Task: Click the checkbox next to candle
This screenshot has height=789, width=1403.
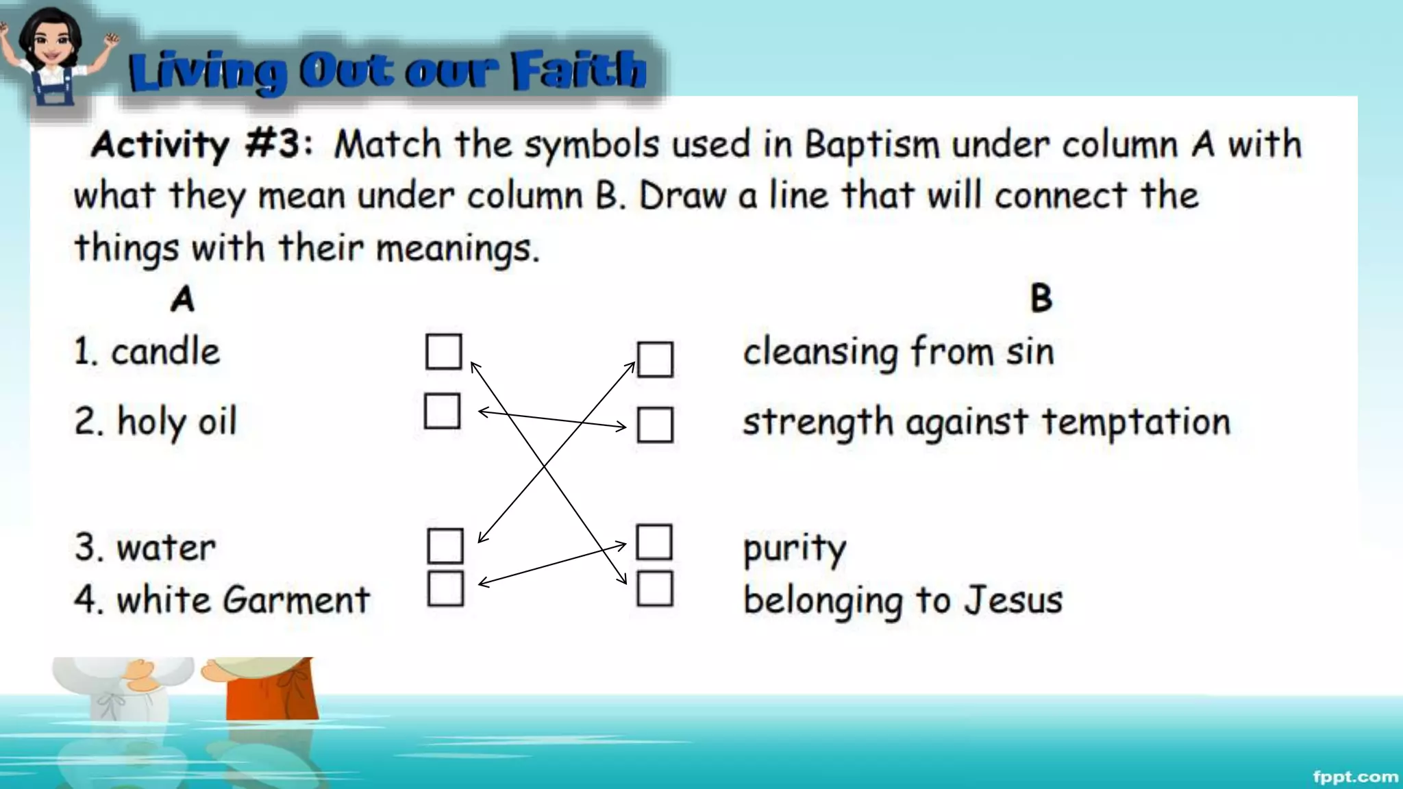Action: [443, 351]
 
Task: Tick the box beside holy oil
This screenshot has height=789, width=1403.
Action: [442, 411]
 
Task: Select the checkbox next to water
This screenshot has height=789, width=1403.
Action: [445, 546]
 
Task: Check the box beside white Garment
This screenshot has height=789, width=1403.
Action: [445, 589]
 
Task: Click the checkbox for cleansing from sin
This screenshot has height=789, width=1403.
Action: [655, 360]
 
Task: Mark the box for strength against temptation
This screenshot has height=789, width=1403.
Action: [655, 425]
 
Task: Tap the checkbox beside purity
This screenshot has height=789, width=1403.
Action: [654, 542]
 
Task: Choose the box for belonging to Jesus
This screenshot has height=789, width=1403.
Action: [654, 589]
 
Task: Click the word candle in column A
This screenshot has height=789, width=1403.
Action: [165, 352]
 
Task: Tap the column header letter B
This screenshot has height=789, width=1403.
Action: [1041, 299]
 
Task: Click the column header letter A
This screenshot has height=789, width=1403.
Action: [182, 299]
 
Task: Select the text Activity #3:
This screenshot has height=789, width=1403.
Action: [202, 145]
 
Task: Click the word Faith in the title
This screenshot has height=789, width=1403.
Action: [579, 70]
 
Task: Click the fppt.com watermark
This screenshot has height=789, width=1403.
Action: [1355, 777]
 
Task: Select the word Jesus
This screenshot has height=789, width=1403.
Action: [1013, 600]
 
